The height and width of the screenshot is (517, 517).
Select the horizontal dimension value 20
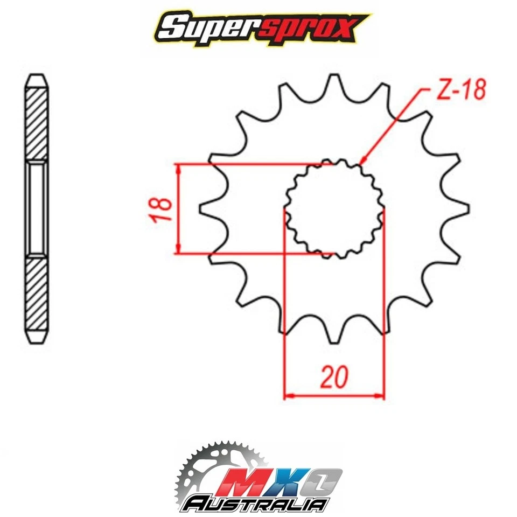[x=334, y=376]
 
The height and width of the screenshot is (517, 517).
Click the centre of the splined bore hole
[x=334, y=209]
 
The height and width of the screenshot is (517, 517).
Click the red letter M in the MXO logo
[x=242, y=481]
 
